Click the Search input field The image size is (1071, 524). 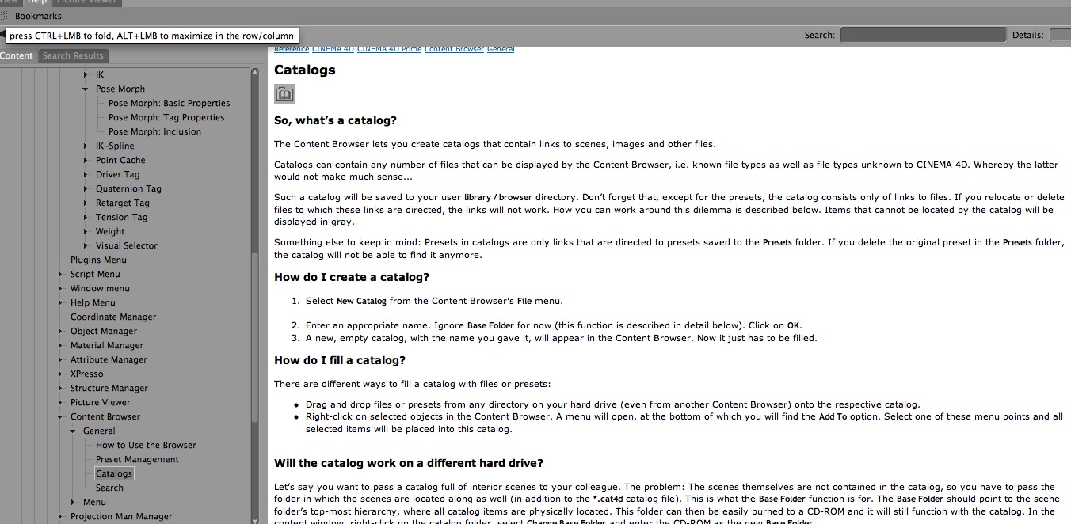tap(922, 35)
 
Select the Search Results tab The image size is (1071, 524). tap(73, 55)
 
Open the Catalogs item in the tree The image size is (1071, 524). tap(114, 473)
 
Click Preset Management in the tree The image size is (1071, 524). tap(137, 459)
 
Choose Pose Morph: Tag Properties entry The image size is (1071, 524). tap(166, 117)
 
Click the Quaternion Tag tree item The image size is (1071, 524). tap(128, 188)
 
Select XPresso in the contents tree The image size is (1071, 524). tap(86, 374)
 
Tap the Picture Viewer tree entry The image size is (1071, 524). tap(100, 402)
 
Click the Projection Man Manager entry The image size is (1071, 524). tap(120, 516)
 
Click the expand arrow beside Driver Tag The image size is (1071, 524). tap(86, 174)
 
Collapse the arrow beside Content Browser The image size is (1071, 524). tap(61, 416)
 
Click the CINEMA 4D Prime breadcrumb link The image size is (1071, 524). tap(389, 49)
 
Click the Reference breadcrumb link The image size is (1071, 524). tap(292, 49)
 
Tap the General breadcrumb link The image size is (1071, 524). tap(501, 49)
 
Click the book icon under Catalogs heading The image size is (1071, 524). tap(284, 94)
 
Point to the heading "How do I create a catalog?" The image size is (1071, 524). tap(351, 277)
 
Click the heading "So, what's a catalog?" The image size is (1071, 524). tap(335, 120)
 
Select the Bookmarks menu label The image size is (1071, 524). tap(38, 16)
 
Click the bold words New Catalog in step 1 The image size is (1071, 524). tap(361, 301)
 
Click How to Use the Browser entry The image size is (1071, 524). tap(146, 445)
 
